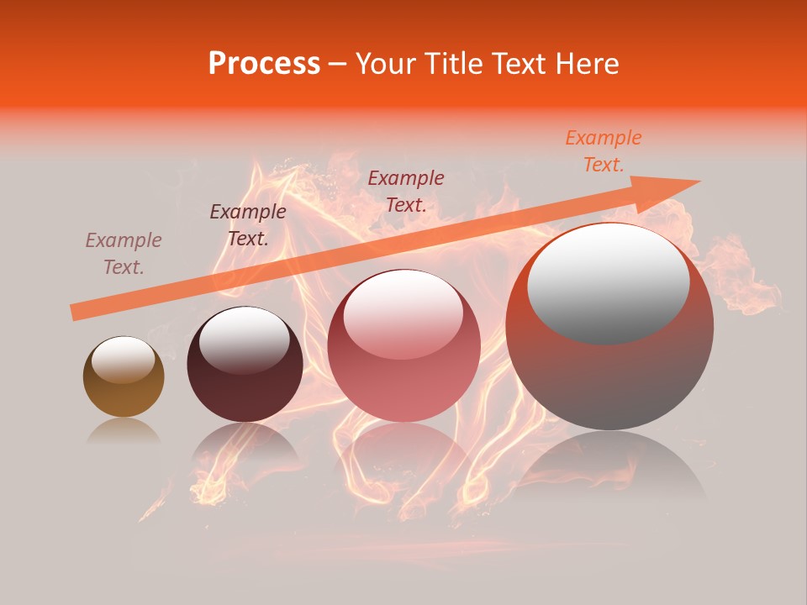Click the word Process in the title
(264, 64)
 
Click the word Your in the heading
(386, 64)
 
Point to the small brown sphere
(124, 377)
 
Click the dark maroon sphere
(245, 365)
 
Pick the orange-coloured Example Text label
(603, 151)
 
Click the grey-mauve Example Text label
(124, 254)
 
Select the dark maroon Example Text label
(247, 225)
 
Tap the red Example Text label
(406, 191)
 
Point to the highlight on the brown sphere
(123, 360)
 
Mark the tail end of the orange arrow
(77, 312)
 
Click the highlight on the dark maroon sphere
(244, 339)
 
